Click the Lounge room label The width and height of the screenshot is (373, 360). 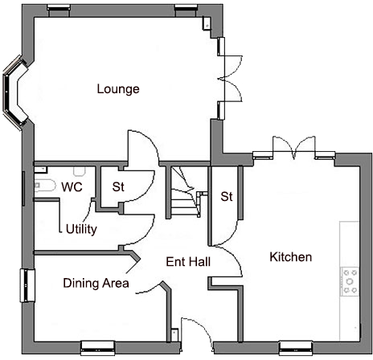(118, 88)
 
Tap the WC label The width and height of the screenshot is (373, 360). (72, 187)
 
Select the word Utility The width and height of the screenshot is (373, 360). (81, 230)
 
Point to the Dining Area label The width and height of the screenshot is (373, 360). (96, 283)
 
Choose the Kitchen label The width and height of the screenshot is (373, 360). (290, 257)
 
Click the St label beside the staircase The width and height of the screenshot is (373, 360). (227, 196)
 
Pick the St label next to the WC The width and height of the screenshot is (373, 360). (118, 187)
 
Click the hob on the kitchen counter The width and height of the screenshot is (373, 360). (351, 280)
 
